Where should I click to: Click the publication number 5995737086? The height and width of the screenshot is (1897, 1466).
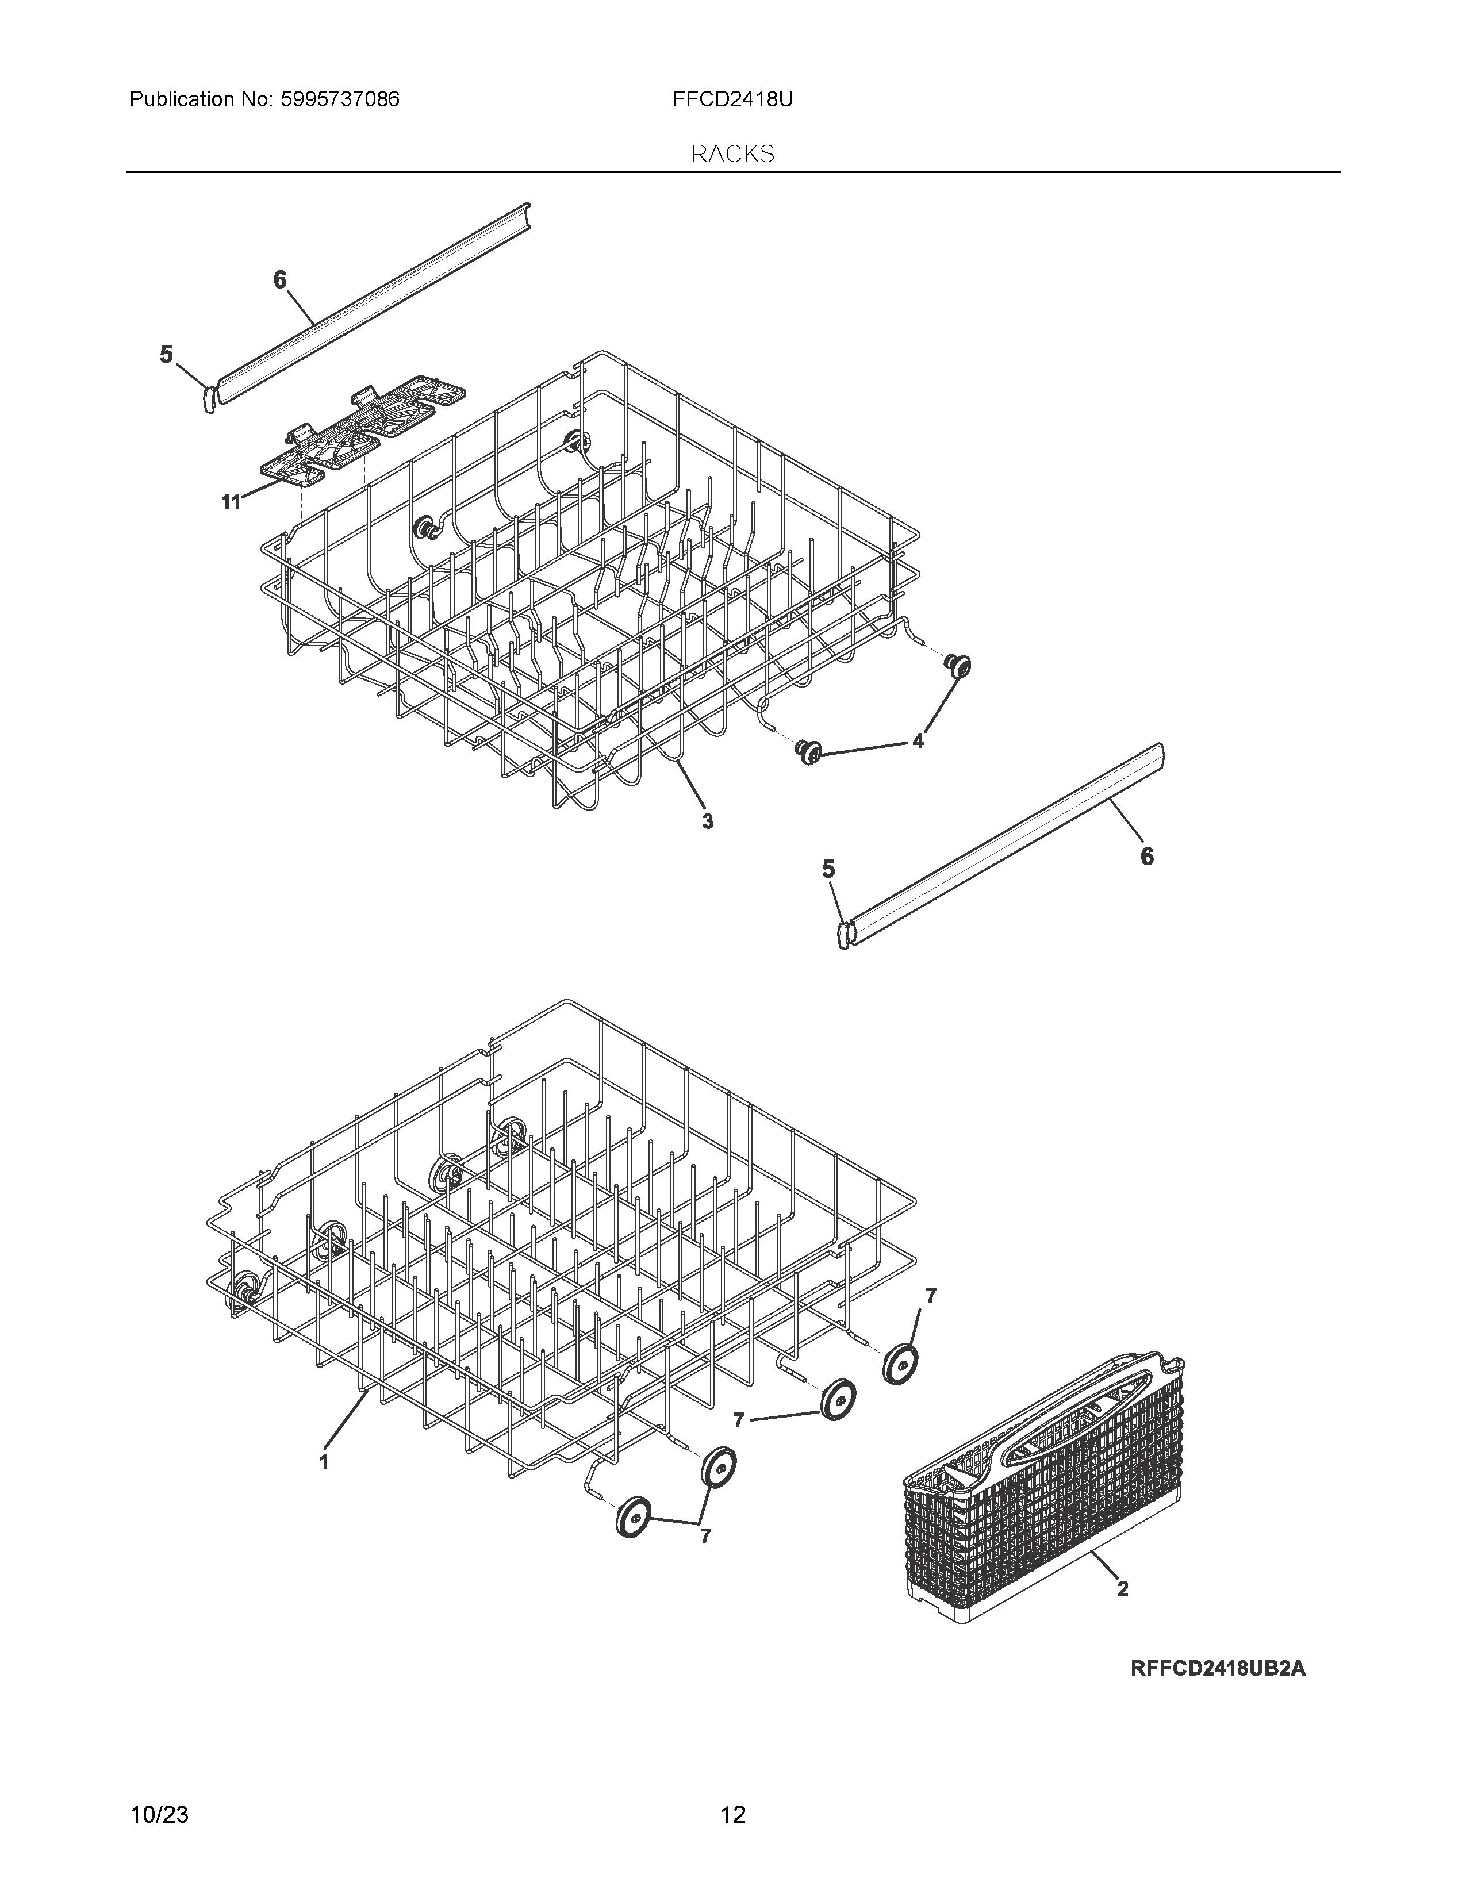click(340, 100)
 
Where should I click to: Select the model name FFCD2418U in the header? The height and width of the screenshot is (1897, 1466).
click(732, 100)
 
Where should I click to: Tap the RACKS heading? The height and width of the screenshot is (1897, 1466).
click(732, 155)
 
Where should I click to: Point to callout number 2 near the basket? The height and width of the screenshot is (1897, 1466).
click(1122, 1589)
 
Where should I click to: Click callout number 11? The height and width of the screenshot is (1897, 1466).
click(230, 502)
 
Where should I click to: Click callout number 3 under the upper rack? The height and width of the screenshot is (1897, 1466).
click(708, 821)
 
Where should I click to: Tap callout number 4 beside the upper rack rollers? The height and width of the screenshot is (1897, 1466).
click(918, 741)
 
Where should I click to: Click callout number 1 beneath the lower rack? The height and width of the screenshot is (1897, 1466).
click(324, 1462)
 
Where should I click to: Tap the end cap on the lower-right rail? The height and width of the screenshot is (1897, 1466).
click(842, 936)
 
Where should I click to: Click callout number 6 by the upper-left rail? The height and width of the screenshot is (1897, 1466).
click(279, 280)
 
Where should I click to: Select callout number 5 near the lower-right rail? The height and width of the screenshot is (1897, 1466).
click(828, 869)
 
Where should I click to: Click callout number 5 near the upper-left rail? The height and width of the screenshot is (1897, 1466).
click(166, 354)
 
